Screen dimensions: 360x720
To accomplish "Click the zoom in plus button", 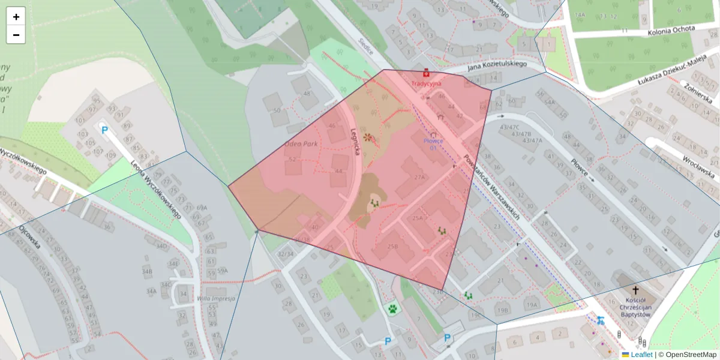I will pyautogui.click(x=16, y=17).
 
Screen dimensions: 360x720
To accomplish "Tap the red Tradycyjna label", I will pyautogui.click(x=426, y=83).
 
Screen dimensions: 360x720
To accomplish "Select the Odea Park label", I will pyautogui.click(x=301, y=144).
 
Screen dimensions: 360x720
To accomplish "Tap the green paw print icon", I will pyautogui.click(x=392, y=309).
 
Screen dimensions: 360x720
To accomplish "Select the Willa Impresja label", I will pyautogui.click(x=215, y=298).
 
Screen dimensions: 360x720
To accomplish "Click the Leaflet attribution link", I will pyautogui.click(x=641, y=355).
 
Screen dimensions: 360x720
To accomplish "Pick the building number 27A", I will pyautogui.click(x=419, y=177).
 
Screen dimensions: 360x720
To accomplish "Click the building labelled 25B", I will pyautogui.click(x=392, y=247).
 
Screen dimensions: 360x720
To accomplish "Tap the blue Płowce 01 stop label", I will pyautogui.click(x=433, y=144).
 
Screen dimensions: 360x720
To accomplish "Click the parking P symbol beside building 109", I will pyautogui.click(x=104, y=130).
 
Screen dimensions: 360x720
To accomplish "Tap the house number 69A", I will pyautogui.click(x=203, y=208).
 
